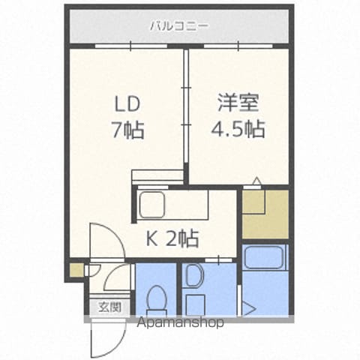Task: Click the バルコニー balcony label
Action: tap(178, 26)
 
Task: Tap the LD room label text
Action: tap(127, 104)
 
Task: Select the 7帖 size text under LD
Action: tap(128, 130)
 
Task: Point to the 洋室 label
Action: tap(238, 103)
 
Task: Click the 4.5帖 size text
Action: tap(238, 129)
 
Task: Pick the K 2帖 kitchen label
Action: tap(172, 238)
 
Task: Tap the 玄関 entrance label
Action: tap(109, 307)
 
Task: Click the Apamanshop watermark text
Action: tap(180, 322)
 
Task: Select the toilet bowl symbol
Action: tap(157, 300)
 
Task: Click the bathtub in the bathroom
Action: tap(265, 256)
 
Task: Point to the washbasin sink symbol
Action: tap(193, 274)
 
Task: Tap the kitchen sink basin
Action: tap(152, 205)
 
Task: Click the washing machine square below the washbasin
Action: tap(196, 304)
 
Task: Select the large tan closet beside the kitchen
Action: tap(265, 214)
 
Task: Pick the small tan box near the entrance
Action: tap(76, 270)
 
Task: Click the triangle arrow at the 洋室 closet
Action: tap(256, 181)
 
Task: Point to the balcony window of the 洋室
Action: tap(238, 46)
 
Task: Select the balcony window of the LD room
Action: tap(131, 46)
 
